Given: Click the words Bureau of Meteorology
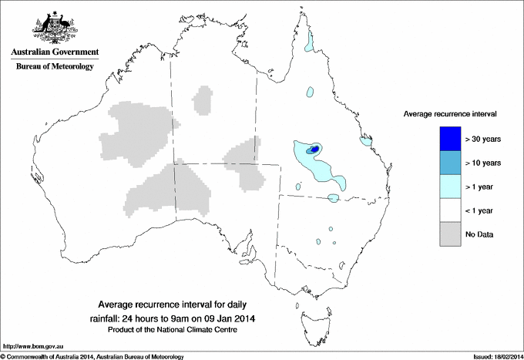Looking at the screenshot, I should (54, 67).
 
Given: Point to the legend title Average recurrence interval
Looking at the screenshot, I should (450, 113).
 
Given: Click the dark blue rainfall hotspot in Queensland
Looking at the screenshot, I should (315, 149).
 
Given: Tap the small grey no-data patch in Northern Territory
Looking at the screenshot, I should (203, 100).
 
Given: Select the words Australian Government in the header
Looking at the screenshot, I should (55, 52).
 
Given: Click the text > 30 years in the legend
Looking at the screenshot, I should (483, 139).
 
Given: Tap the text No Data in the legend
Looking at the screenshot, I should (480, 234).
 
